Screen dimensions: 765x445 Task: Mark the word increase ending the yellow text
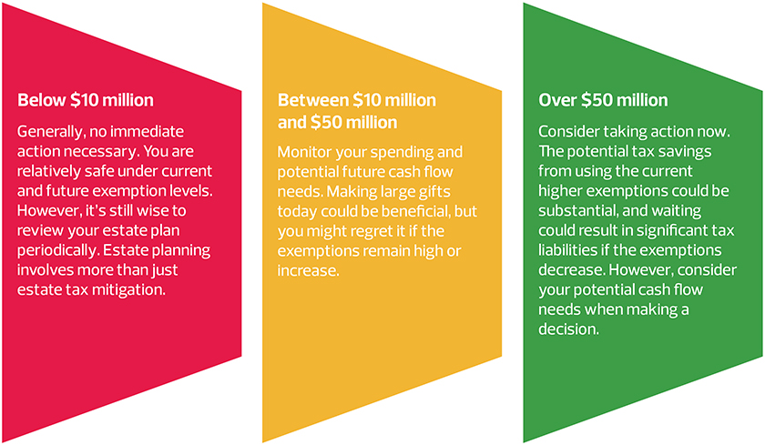click(x=309, y=270)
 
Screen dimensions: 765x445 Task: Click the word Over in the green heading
click(x=556, y=100)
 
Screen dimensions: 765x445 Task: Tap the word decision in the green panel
click(x=569, y=329)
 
